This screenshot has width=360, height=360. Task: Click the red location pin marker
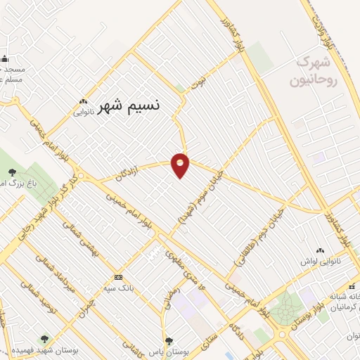pyautogui.click(x=181, y=165)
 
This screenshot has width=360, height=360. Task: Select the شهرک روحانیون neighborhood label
pyautogui.click(x=314, y=71)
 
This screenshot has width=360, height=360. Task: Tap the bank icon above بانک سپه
pyautogui.click(x=117, y=277)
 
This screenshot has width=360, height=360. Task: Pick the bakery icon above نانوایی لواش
pyautogui.click(x=321, y=250)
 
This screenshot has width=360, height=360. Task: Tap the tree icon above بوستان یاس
pyautogui.click(x=168, y=341)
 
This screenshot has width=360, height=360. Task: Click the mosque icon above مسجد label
pyautogui.click(x=4, y=59)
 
